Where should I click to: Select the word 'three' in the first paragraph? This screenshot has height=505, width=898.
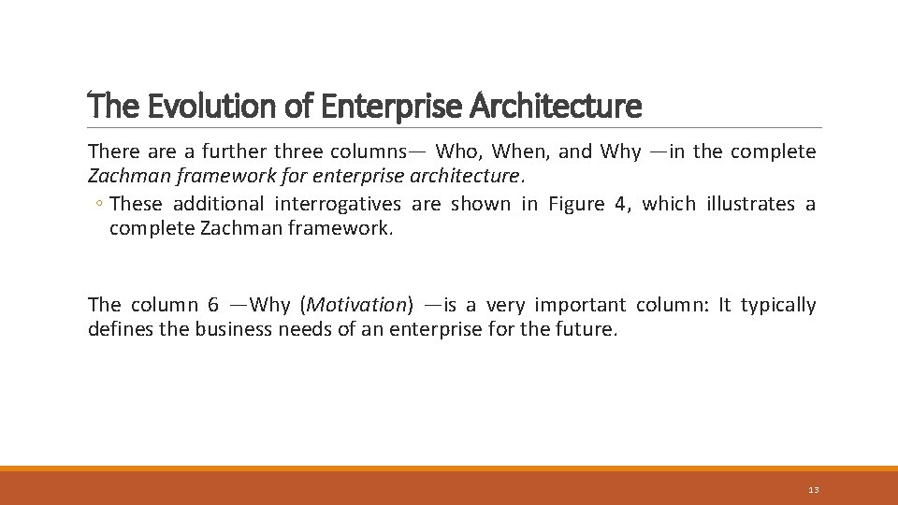tap(300, 151)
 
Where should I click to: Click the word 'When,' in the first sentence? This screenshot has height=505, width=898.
tap(520, 151)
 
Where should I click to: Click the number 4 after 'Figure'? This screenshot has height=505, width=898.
tap(619, 204)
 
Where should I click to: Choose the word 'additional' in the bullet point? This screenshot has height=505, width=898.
tap(220, 204)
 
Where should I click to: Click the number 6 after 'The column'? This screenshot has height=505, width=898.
tap(213, 305)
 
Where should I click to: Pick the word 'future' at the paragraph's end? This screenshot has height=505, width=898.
tap(587, 329)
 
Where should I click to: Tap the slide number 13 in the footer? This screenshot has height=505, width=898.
tap(813, 490)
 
